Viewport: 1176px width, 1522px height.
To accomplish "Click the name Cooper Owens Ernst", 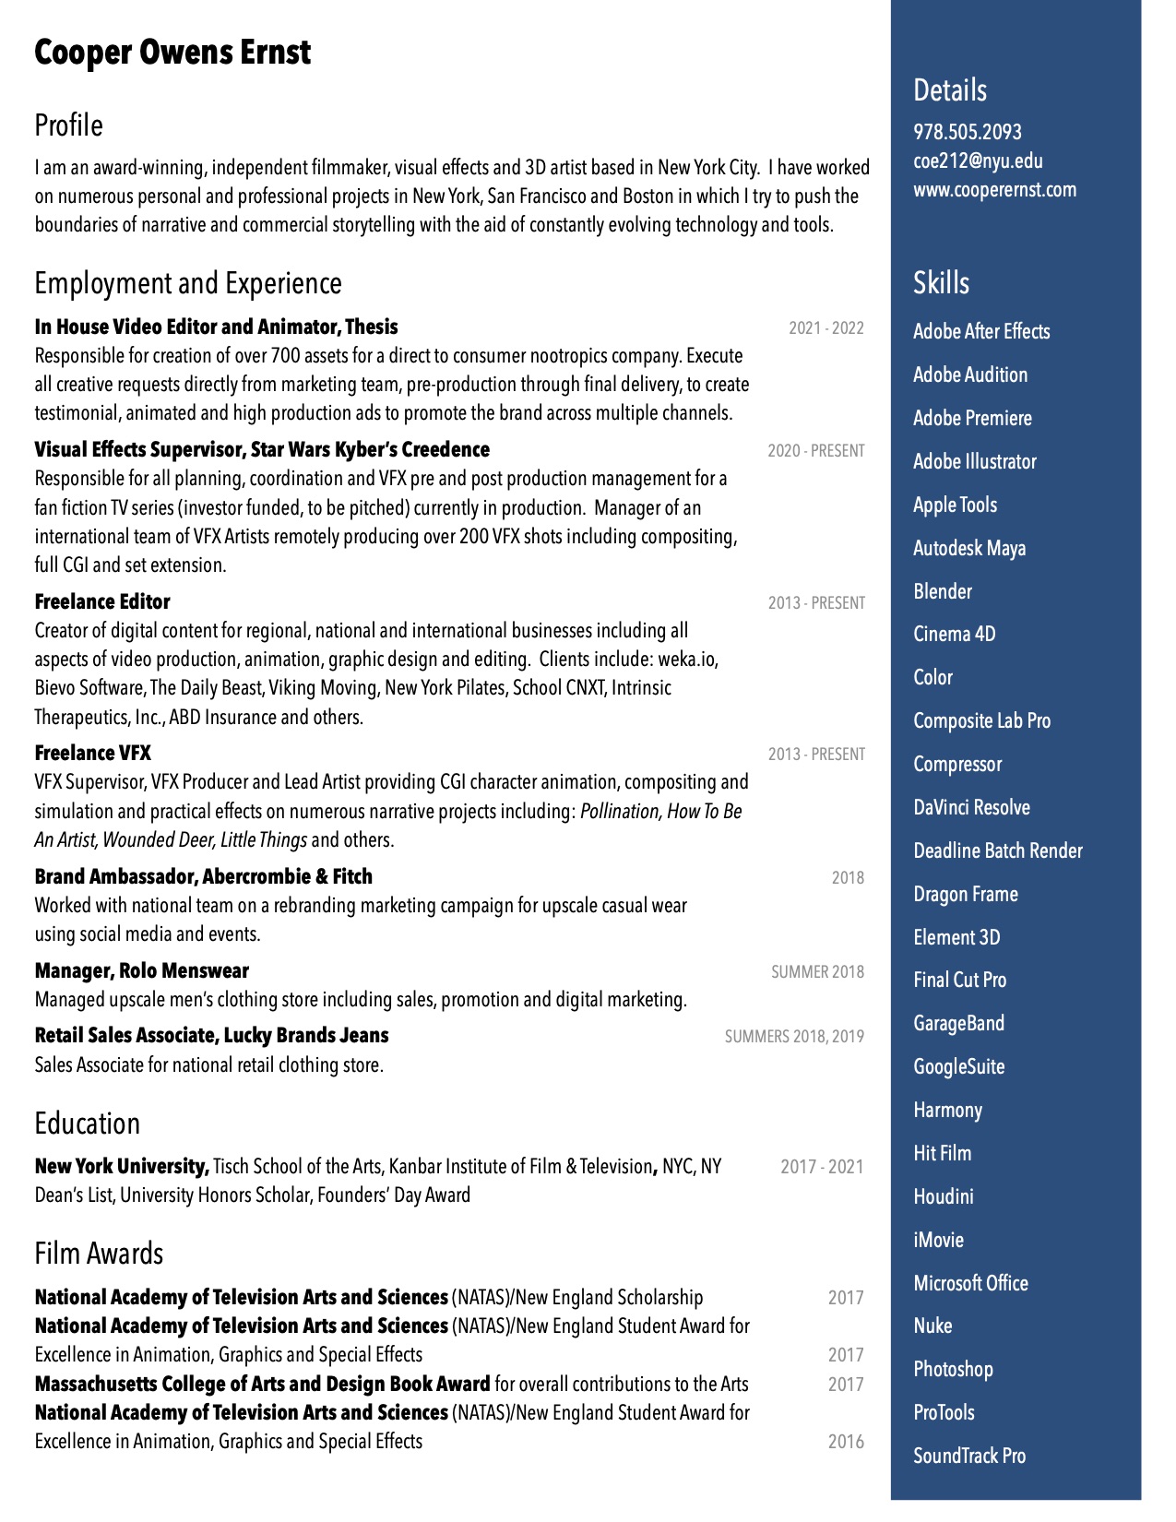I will pyautogui.click(x=172, y=53).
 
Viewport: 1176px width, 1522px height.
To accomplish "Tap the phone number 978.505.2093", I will pyautogui.click(x=967, y=132).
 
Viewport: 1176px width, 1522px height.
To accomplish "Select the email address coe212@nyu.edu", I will pyautogui.click(x=978, y=161).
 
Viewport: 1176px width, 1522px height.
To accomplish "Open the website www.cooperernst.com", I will pyautogui.click(x=994, y=190).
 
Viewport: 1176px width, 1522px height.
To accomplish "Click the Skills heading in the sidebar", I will pyautogui.click(x=941, y=282).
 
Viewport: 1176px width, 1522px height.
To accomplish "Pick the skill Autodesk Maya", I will pyautogui.click(x=968, y=548).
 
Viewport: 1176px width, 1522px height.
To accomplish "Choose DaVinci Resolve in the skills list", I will pyautogui.click(x=971, y=807).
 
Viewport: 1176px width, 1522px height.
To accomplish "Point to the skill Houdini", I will pyautogui.click(x=943, y=1196).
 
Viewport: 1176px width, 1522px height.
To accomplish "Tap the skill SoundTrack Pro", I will pyautogui.click(x=968, y=1456).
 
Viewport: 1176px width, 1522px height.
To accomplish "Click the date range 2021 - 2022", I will pyautogui.click(x=826, y=328).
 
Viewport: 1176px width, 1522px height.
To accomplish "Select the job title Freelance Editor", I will pyautogui.click(x=102, y=601).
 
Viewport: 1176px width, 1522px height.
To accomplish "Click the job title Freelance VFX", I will pyautogui.click(x=92, y=753).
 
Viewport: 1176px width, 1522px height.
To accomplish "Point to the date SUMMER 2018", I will pyautogui.click(x=817, y=972).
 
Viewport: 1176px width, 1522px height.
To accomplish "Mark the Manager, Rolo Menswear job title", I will pyautogui.click(x=141, y=970).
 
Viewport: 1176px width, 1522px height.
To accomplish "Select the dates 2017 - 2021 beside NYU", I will pyautogui.click(x=822, y=1167).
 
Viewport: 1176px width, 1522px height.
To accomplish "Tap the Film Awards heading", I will pyautogui.click(x=99, y=1254).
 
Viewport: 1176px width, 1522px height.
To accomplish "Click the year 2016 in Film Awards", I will pyautogui.click(x=845, y=1442).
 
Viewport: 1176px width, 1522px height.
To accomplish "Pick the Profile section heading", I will pyautogui.click(x=68, y=125).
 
